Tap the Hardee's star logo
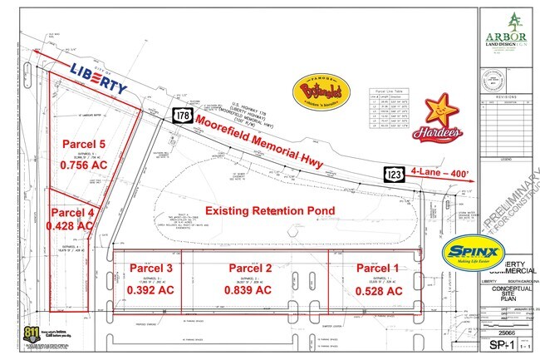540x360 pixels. point(440,116)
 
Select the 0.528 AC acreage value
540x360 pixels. point(378,291)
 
